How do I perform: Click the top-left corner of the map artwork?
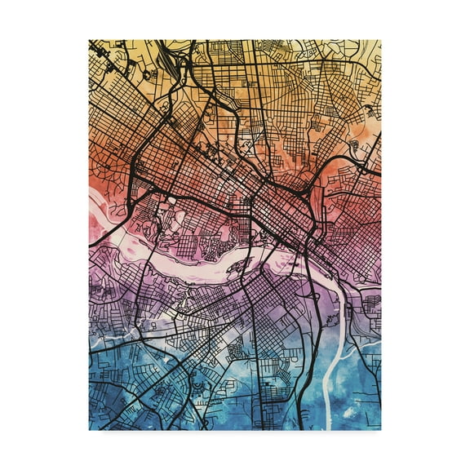click(89, 40)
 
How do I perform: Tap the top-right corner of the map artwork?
click(380, 40)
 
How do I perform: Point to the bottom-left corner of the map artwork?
click(89, 430)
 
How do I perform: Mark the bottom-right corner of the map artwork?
click(380, 430)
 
